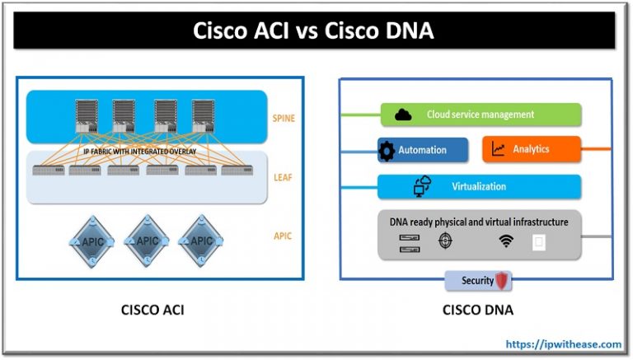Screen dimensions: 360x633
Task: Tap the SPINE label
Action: (x=283, y=119)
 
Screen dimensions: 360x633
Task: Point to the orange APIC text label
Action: (x=283, y=236)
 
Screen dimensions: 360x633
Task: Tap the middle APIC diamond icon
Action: (x=148, y=241)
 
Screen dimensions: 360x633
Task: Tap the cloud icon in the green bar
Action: (x=403, y=115)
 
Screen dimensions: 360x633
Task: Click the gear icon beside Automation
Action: (x=387, y=151)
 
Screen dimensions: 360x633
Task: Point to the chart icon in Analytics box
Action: (x=498, y=150)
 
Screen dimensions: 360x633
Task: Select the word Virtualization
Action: (x=479, y=186)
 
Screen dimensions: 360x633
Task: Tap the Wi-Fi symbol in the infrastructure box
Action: (x=505, y=241)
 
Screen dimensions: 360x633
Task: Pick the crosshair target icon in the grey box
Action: (x=446, y=241)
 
